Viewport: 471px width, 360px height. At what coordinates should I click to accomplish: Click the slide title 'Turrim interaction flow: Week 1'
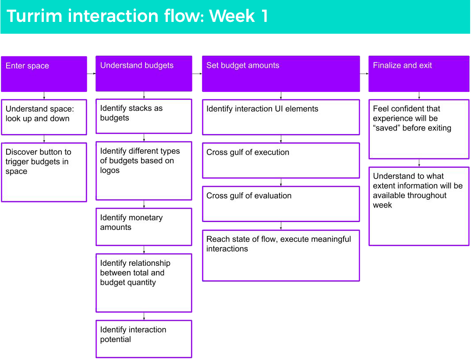pos(137,16)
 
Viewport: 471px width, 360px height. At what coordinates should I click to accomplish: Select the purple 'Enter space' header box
pos(44,74)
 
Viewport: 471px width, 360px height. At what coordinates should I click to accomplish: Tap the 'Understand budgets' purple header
pos(144,74)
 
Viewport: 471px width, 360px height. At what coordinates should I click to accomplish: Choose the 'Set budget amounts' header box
pos(281,74)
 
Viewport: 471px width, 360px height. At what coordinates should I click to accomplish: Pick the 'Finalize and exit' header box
pos(419,74)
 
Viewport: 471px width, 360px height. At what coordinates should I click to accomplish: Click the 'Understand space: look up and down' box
pos(44,117)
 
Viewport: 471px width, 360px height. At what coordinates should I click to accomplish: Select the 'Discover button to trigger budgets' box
pos(44,173)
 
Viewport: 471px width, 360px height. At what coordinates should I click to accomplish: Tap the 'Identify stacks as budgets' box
pos(144,116)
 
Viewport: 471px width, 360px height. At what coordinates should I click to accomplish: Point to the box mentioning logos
pos(144,171)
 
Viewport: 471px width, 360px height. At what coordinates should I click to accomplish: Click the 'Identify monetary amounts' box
pos(144,227)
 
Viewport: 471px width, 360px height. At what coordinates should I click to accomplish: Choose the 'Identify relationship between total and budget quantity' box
pos(144,283)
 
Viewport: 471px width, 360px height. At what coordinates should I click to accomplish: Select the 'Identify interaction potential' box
pos(144,339)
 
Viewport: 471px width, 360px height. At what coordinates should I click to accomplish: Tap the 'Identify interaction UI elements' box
pos(281,117)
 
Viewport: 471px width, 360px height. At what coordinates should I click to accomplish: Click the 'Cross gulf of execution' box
pos(281,161)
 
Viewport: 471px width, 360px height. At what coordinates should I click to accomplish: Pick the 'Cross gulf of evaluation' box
pos(281,204)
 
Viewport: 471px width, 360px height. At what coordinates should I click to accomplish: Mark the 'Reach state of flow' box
pos(281,255)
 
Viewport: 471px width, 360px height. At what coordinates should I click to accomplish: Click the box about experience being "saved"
pos(419,129)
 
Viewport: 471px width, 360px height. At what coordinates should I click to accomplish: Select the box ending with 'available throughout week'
pos(419,206)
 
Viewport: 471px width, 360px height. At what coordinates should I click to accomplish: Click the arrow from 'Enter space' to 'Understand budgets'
pos(91,74)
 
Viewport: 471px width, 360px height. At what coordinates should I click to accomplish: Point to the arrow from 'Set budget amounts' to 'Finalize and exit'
pos(365,74)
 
